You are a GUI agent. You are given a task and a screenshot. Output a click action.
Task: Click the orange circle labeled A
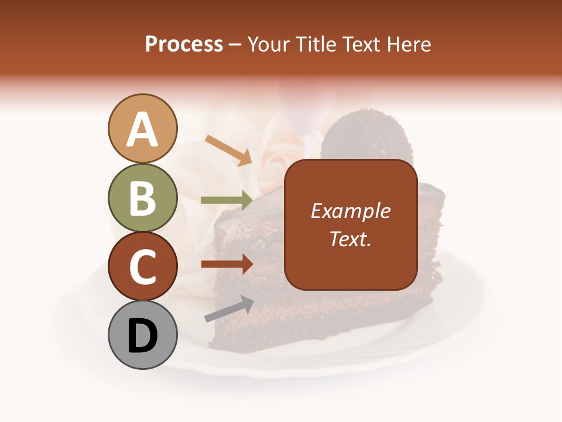[142, 128]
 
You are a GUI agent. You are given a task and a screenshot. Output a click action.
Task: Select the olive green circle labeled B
[142, 198]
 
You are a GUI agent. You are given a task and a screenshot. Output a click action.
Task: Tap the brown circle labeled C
[142, 266]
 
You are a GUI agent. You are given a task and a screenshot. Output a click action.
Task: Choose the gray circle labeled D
[142, 335]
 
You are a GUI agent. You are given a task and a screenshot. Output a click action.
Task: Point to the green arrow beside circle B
[227, 200]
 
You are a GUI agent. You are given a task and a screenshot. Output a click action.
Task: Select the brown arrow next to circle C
[227, 264]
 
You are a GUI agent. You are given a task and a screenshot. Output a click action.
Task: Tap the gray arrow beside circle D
[229, 309]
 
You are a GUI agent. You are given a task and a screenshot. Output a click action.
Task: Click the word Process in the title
[184, 44]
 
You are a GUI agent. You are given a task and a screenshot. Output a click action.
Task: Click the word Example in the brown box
[350, 211]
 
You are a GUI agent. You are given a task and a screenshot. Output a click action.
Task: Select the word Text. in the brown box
[350, 239]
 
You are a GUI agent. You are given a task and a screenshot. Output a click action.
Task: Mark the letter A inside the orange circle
[142, 130]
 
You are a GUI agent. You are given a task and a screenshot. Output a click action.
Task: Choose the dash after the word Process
[235, 45]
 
